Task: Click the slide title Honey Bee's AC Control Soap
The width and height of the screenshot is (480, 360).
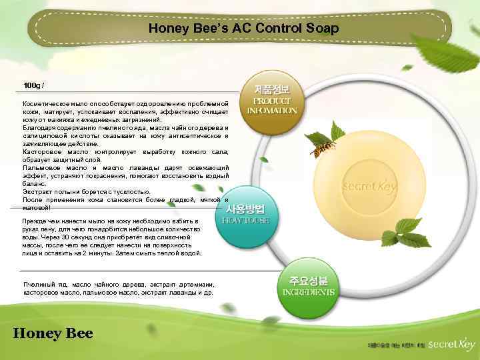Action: pyautogui.click(x=243, y=29)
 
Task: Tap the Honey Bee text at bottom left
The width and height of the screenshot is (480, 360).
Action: pyautogui.click(x=53, y=333)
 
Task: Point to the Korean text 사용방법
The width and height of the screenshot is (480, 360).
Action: pyautogui.click(x=248, y=209)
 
